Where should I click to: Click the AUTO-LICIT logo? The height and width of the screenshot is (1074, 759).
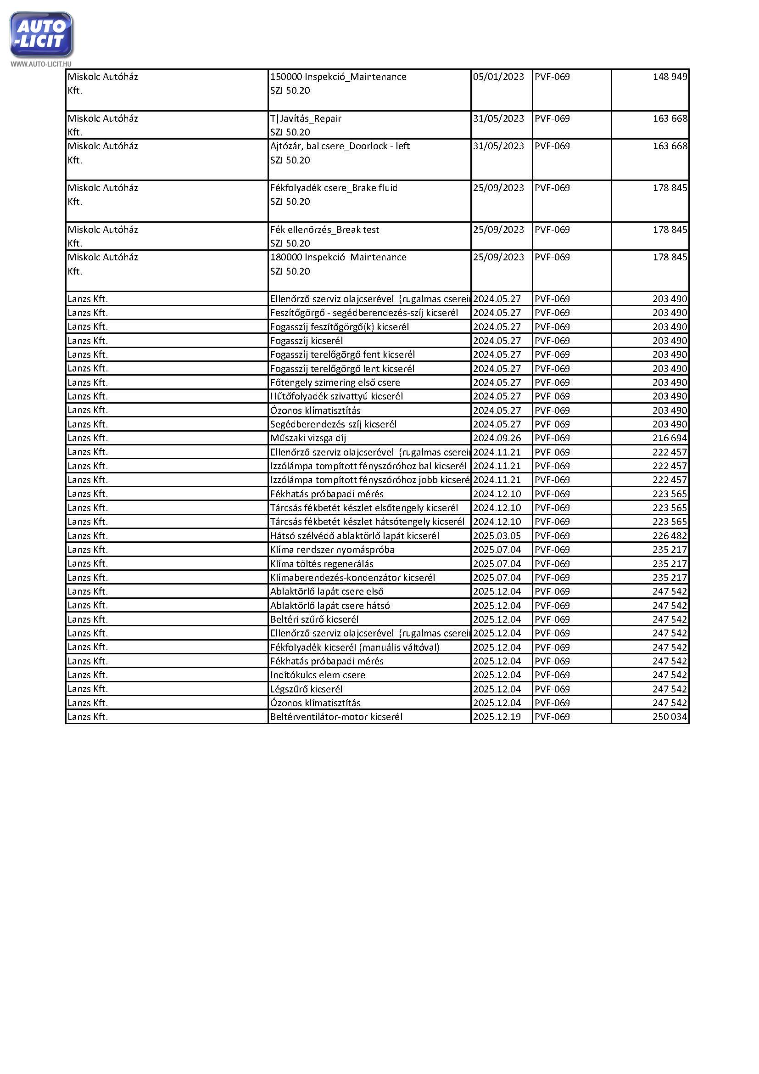[x=41, y=34]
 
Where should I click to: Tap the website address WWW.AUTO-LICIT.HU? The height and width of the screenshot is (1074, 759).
[x=41, y=64]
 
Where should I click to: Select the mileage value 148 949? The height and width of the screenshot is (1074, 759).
[x=669, y=77]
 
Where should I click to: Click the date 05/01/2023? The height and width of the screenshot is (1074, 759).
[x=498, y=77]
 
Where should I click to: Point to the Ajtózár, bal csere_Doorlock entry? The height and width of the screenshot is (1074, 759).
[x=340, y=146]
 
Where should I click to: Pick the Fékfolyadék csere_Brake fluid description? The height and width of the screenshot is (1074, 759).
[x=334, y=188]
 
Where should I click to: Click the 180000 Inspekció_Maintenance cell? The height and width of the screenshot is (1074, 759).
[x=338, y=257]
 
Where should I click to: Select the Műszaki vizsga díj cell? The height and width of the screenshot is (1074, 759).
[x=308, y=438]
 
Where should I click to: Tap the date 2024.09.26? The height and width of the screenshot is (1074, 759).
[x=497, y=438]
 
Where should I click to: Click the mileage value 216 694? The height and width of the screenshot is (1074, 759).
[x=669, y=438]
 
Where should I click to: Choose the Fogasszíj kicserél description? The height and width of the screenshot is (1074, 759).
[x=307, y=341]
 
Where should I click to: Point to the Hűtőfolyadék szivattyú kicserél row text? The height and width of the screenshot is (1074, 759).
[x=336, y=396]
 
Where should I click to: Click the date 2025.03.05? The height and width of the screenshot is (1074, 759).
[x=497, y=535]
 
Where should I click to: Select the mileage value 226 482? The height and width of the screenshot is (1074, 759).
[x=669, y=535]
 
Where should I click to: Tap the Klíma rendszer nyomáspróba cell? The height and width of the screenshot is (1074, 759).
[x=332, y=550]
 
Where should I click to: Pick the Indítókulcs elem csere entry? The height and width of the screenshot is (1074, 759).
[x=318, y=675]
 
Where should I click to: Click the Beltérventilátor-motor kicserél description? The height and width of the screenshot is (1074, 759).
[x=336, y=717]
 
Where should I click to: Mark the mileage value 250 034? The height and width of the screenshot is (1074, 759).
[x=669, y=717]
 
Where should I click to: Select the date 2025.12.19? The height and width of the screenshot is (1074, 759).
[x=497, y=717]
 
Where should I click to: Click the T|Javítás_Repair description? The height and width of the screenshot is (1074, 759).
[x=306, y=118]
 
